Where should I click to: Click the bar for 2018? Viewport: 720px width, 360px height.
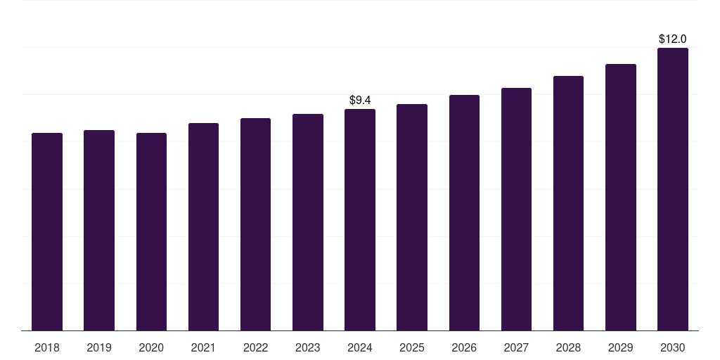coord(47,231)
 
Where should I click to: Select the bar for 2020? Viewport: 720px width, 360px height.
coord(151,231)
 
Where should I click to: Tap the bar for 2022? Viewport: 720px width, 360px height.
coord(255,224)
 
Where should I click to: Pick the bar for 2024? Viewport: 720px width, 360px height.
coord(360,219)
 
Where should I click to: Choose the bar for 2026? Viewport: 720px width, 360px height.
coord(464,212)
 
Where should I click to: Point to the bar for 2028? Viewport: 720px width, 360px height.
coord(568,203)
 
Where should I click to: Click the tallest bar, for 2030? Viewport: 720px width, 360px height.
coord(673,189)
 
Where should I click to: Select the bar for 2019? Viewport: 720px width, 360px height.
coord(99,230)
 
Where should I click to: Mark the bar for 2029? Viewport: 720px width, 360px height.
coord(621,197)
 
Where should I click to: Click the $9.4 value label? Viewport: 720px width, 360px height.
coord(360,101)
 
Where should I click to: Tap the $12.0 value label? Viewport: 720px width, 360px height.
coord(672,39)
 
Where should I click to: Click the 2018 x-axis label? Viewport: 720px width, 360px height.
coord(47,347)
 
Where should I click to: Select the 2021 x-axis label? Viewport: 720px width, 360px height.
coord(203,347)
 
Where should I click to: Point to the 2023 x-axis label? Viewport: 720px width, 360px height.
coord(307,347)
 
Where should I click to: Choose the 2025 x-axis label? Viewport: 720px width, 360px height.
coord(412,347)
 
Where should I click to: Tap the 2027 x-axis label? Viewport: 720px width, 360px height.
coord(516,347)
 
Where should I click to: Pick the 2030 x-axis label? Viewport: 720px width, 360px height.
coord(673,347)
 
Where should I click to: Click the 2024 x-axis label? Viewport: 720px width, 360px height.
coord(360,347)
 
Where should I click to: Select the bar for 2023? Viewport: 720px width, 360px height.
coord(308,222)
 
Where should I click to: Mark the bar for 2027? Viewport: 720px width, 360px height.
coord(516,209)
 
